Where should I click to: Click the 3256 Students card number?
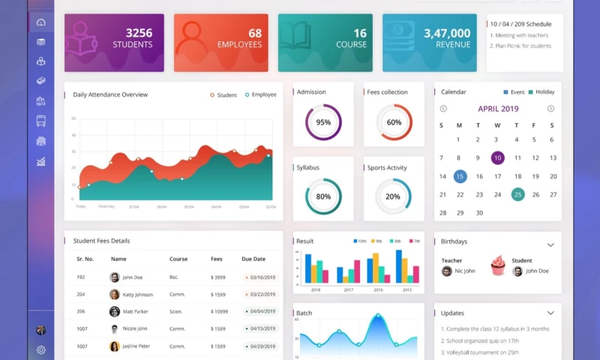click(139, 33)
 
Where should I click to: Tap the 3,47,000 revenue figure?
click(447, 33)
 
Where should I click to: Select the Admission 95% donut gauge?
click(323, 122)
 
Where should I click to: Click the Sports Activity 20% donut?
click(393, 196)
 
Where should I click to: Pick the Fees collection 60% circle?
click(394, 122)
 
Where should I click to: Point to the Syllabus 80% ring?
click(323, 196)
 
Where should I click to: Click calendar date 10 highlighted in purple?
click(497, 158)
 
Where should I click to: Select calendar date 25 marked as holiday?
click(517, 194)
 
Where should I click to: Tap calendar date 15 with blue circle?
click(460, 176)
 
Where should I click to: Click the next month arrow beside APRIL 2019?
click(550, 109)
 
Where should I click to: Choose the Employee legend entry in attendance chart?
click(260, 95)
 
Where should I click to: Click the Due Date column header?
click(253, 259)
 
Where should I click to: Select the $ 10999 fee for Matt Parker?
click(219, 311)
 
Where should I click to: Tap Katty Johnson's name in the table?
click(137, 294)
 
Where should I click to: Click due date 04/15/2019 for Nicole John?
click(262, 328)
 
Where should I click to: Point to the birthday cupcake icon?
click(498, 265)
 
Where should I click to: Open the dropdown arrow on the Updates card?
click(550, 313)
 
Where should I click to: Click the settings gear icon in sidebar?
click(41, 349)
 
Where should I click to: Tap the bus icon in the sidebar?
click(41, 121)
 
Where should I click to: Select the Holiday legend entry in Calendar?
click(541, 92)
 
